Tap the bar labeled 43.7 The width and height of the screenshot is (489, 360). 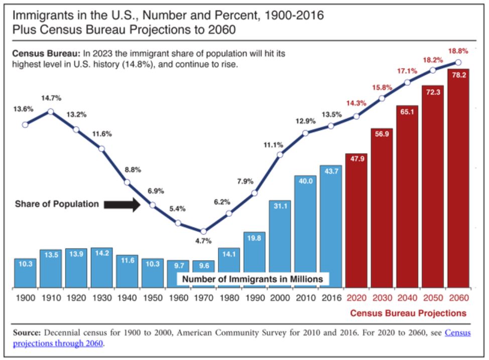tap(331, 226)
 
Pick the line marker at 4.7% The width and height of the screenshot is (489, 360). tap(203, 231)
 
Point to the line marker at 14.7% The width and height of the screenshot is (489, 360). tap(50, 111)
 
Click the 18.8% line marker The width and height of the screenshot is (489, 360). tap(458, 62)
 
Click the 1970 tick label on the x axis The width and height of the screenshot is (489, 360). tap(203, 298)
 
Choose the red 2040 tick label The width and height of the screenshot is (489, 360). tap(407, 298)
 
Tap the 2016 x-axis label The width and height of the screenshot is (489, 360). tap(331, 298)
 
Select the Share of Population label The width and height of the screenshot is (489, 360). tap(57, 204)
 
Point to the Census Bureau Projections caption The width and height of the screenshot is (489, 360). tap(408, 313)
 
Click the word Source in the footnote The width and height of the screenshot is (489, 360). tap(30, 333)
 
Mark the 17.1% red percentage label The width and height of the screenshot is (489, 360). tap(407, 71)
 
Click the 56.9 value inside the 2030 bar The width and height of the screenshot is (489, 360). tap(382, 134)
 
